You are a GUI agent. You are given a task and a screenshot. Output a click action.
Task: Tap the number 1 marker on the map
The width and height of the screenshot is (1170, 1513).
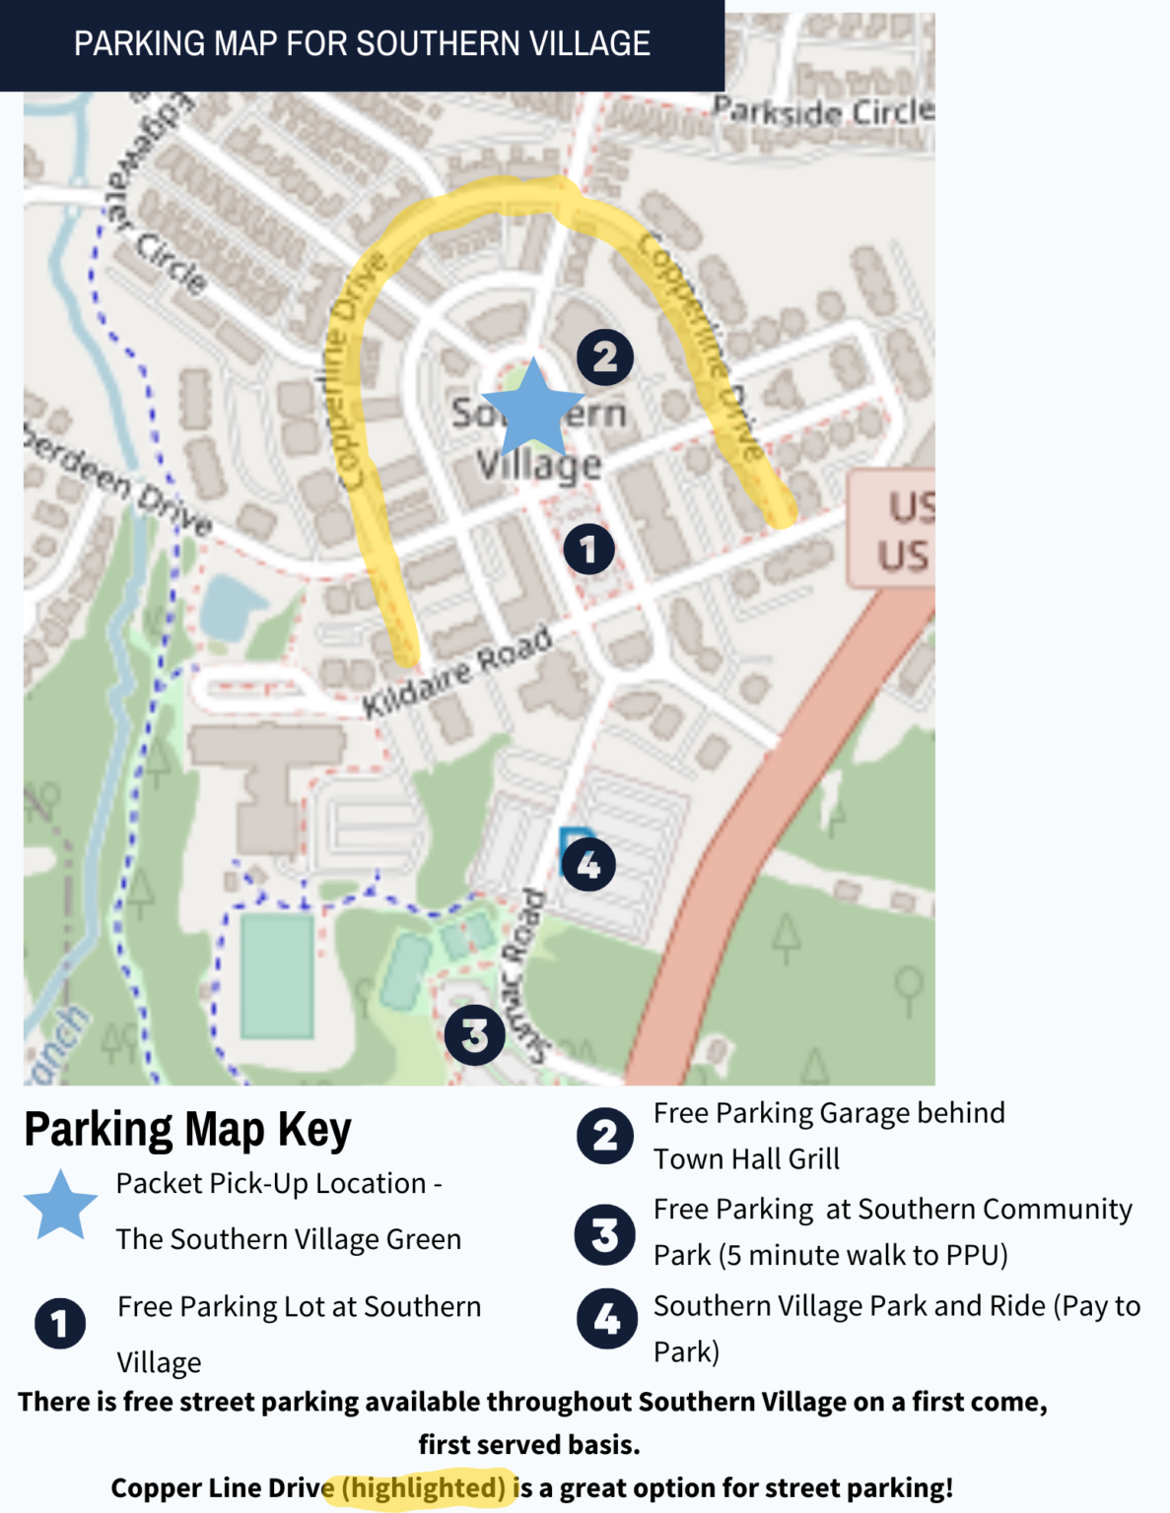[588, 549]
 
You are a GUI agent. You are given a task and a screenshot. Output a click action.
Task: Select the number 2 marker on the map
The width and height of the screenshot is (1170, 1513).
[604, 357]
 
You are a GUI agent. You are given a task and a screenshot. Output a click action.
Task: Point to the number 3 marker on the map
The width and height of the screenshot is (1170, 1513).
[474, 1034]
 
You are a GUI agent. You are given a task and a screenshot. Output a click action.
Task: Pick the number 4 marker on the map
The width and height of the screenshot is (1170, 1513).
[587, 864]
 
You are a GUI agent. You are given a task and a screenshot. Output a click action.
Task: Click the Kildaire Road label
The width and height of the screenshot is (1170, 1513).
[456, 673]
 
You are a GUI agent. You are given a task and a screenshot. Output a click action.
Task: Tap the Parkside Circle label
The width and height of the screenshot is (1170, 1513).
[823, 111]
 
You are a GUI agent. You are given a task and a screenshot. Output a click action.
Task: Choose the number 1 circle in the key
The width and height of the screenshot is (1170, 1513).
[60, 1323]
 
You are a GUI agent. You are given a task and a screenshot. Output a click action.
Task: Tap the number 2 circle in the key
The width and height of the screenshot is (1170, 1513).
[605, 1135]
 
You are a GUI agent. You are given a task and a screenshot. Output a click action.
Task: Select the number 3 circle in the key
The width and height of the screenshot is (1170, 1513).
[604, 1234]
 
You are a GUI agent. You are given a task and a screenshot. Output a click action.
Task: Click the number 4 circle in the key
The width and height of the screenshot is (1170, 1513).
[606, 1318]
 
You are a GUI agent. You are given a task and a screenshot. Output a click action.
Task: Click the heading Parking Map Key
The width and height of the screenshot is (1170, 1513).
[187, 1129]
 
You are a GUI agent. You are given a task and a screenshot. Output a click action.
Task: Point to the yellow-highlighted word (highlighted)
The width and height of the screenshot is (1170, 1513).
[424, 1487]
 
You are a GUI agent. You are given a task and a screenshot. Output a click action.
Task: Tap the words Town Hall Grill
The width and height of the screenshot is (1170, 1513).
[746, 1159]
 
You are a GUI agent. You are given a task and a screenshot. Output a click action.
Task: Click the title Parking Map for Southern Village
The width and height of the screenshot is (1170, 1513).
[362, 44]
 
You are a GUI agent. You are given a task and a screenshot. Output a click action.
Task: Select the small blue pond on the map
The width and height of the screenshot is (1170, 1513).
[228, 605]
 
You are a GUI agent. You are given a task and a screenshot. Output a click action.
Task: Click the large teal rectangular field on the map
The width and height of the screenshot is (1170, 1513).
[277, 975]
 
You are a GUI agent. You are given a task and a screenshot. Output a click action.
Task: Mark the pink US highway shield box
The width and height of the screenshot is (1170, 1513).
[893, 528]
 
